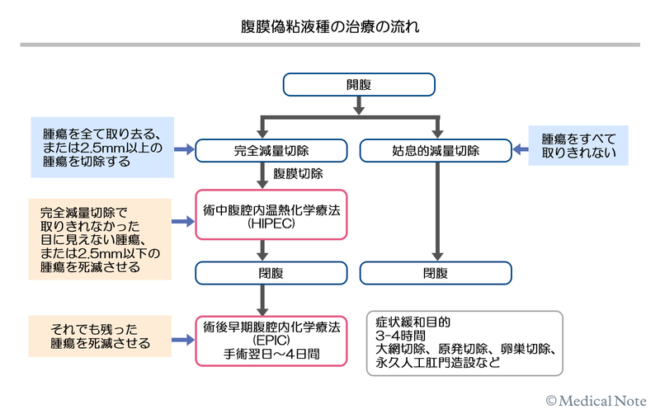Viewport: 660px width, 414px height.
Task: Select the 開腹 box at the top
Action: pyautogui.click(x=359, y=84)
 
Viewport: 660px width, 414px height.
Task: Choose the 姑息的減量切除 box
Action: pyautogui.click(x=436, y=151)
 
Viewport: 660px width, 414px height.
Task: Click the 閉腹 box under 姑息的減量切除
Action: pyautogui.click(x=436, y=273)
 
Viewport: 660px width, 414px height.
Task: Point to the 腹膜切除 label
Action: pyautogui.click(x=297, y=175)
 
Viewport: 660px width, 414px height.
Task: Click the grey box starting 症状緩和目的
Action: pyautogui.click(x=464, y=340)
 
